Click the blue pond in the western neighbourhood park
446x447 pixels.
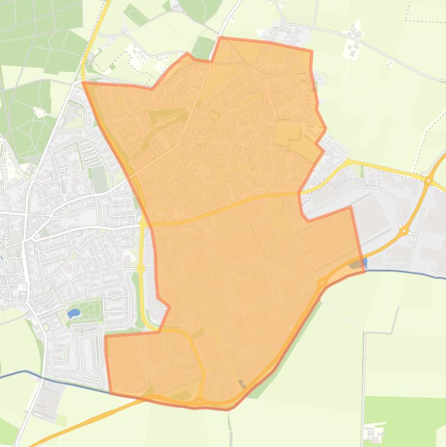74,313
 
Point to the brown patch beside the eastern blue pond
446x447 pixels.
354,264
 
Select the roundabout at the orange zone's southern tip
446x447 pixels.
199,401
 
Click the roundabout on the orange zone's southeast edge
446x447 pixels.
322,283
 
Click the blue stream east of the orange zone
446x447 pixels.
406,272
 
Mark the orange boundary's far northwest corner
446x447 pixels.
84,83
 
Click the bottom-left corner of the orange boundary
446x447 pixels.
110,392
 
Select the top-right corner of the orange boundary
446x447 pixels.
311,51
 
